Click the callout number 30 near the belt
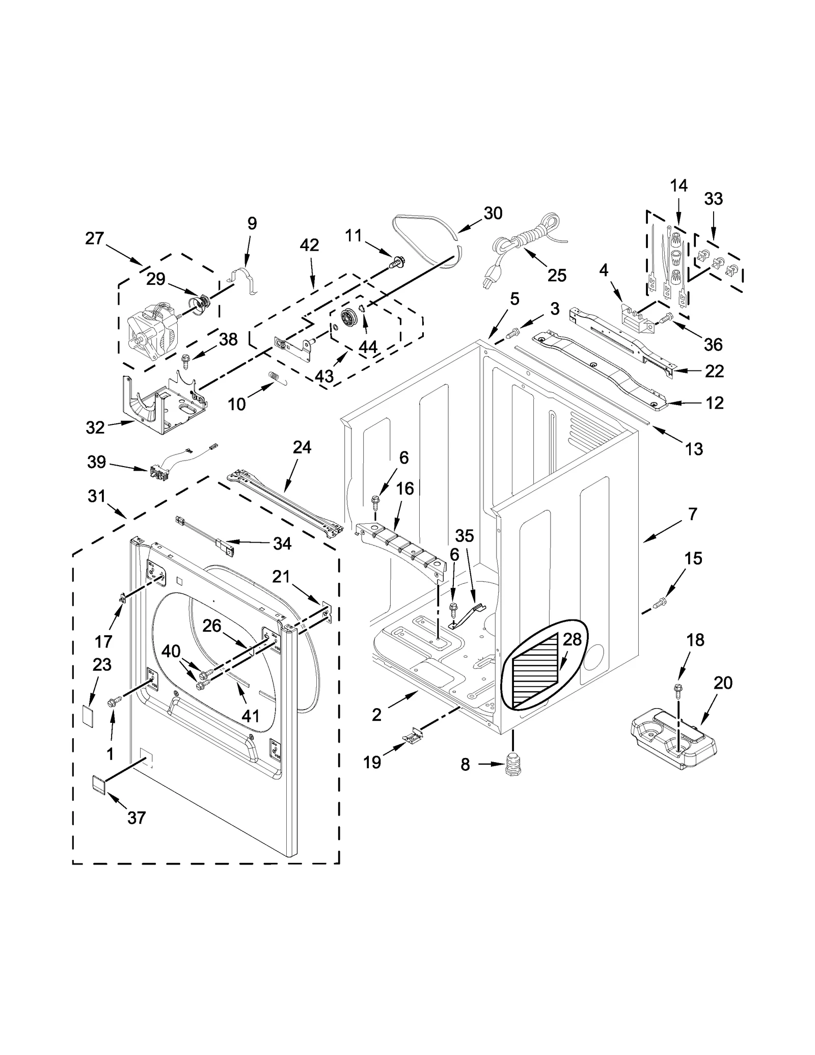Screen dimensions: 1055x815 click(493, 213)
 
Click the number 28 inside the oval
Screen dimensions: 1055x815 click(572, 640)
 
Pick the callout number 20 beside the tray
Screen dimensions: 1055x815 click(723, 683)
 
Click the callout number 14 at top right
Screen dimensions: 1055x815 click(678, 186)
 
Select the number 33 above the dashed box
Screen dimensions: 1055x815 click(713, 199)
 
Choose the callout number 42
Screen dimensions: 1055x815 click(309, 245)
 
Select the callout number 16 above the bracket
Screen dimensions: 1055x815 click(405, 489)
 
